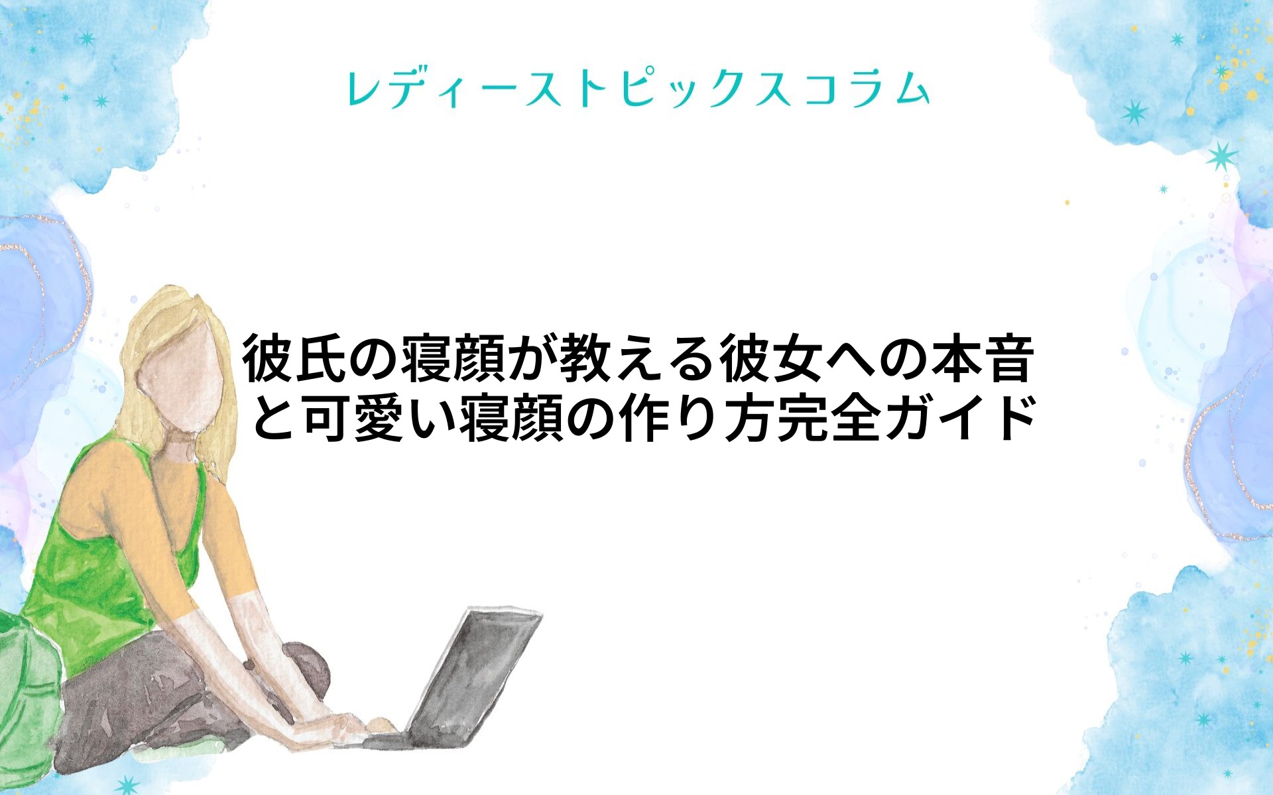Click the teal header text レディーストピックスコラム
coord(638,89)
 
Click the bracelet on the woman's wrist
coord(249,664)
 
